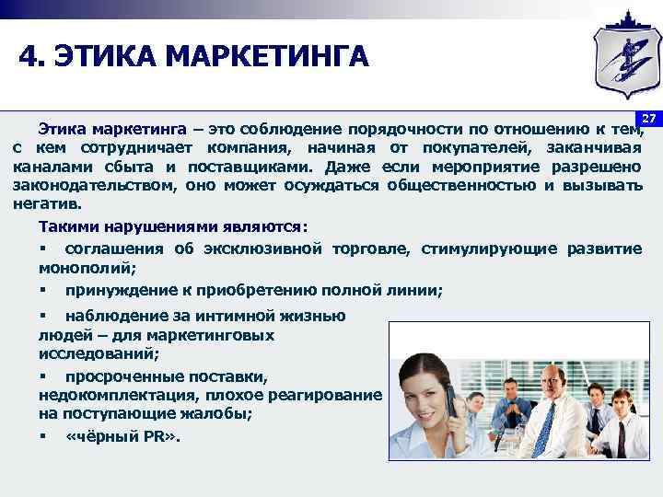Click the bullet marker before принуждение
(x=43, y=290)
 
